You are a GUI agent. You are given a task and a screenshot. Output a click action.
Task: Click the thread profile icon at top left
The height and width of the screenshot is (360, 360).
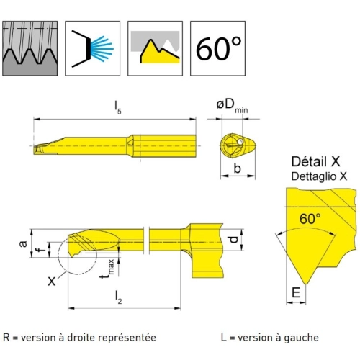click(30, 48)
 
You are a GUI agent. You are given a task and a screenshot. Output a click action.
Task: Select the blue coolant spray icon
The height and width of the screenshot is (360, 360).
click(93, 48)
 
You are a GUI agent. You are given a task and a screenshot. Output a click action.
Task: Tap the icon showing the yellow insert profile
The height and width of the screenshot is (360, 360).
click(156, 48)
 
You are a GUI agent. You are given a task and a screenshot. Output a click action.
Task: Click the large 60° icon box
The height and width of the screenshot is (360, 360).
click(218, 48)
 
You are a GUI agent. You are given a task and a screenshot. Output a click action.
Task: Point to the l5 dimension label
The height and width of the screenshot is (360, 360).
click(118, 107)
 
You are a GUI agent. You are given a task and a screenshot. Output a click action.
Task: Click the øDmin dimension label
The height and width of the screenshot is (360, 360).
click(232, 106)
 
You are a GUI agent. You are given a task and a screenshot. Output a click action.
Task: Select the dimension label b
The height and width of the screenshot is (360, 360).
click(237, 168)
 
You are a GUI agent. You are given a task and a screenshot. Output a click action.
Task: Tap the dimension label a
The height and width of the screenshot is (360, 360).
click(23, 243)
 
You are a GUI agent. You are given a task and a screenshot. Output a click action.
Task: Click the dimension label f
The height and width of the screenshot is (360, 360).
click(42, 250)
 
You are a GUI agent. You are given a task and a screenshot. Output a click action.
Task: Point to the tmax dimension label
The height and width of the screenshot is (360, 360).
click(107, 269)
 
